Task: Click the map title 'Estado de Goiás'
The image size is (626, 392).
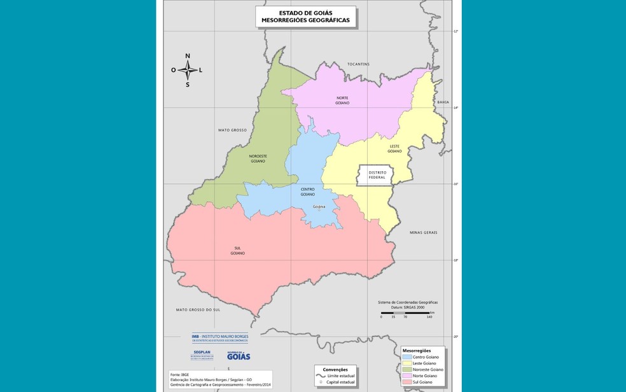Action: (x=305, y=12)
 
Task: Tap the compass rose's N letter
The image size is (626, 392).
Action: (x=188, y=56)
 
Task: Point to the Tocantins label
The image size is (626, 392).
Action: (x=358, y=64)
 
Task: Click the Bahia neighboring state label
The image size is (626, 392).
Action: (x=443, y=102)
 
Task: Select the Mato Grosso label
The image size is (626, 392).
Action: (x=232, y=130)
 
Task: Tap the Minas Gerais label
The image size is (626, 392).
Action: (x=423, y=232)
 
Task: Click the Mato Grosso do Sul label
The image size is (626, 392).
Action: (x=198, y=310)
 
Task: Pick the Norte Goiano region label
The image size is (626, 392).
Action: (x=342, y=101)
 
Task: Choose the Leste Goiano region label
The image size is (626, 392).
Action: (x=394, y=149)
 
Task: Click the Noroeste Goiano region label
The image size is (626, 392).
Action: (x=258, y=158)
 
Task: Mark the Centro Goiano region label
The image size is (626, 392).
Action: (x=308, y=191)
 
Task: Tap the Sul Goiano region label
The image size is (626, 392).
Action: (x=237, y=251)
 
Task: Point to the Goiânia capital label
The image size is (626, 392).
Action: (x=319, y=207)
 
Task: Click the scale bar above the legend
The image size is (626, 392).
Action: (x=406, y=313)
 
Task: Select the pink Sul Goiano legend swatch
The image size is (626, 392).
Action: (x=407, y=381)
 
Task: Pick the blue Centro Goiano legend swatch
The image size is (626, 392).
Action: (x=407, y=357)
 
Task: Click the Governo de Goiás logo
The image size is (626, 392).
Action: (x=239, y=356)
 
